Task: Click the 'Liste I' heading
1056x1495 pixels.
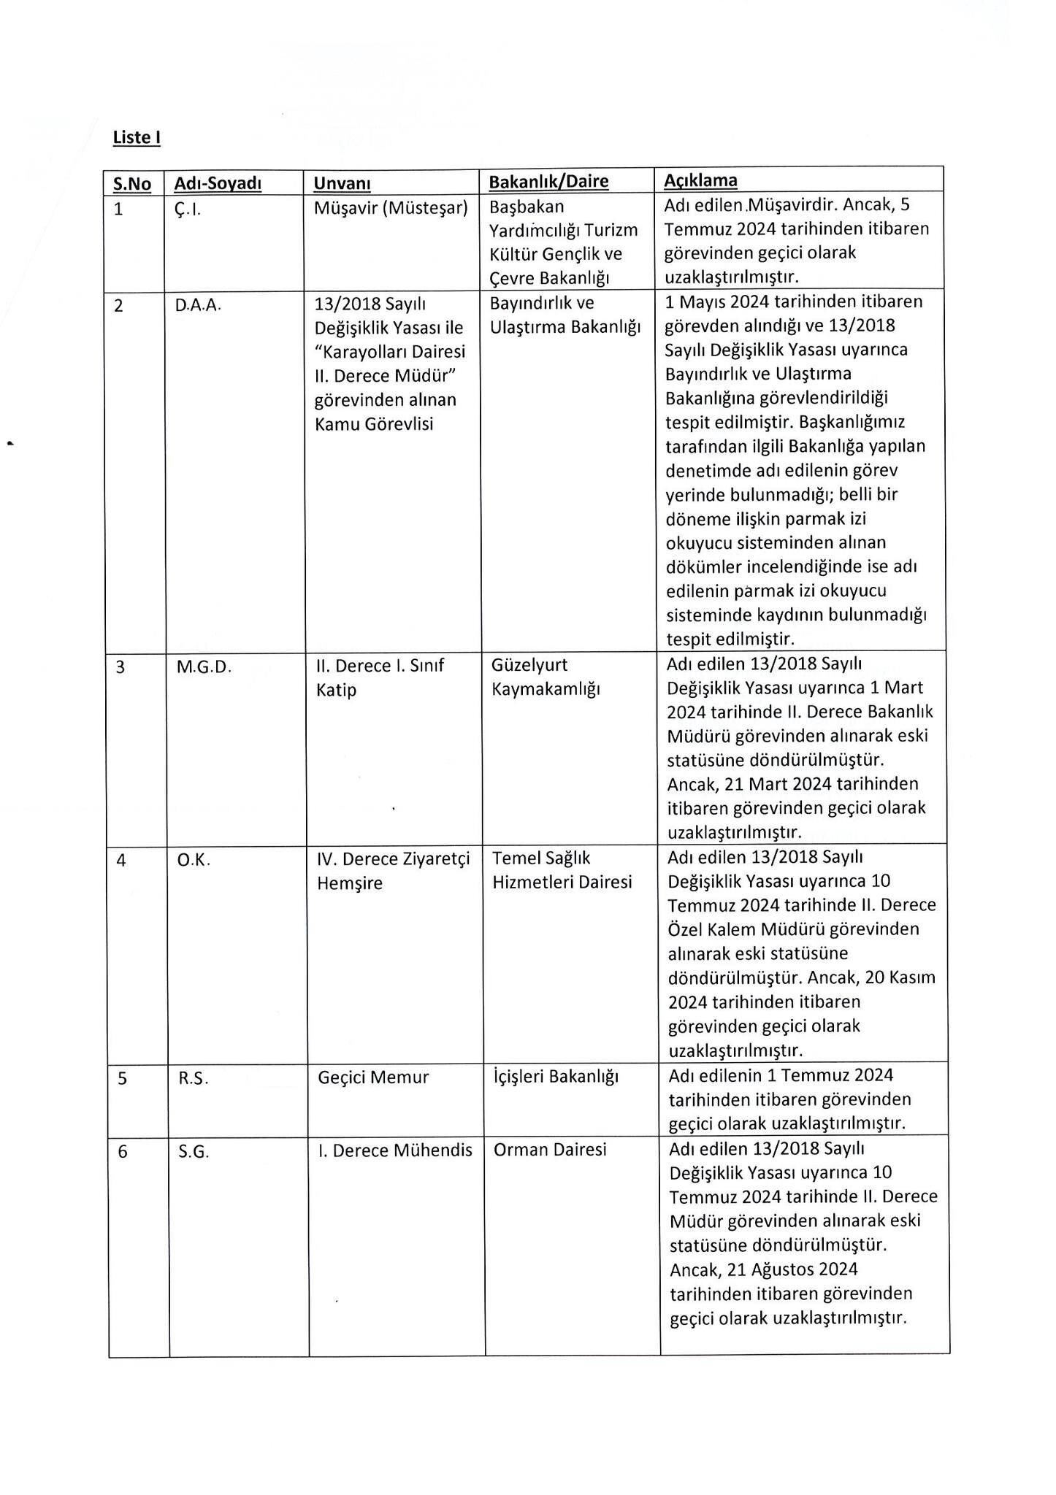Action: click(x=137, y=137)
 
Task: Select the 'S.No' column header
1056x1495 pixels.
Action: click(x=132, y=183)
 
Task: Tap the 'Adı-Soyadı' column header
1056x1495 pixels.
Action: click(x=218, y=183)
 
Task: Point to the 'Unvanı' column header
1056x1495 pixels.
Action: click(x=342, y=183)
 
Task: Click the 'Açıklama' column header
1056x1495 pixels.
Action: click(x=700, y=180)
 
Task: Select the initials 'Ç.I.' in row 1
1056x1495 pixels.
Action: click(x=188, y=210)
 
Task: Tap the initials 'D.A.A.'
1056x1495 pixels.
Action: click(x=197, y=306)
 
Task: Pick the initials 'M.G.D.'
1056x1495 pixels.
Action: click(x=204, y=666)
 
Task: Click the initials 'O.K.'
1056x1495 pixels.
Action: click(x=194, y=861)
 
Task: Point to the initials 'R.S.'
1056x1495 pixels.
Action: click(x=194, y=1078)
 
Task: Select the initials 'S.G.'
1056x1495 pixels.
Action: click(x=194, y=1152)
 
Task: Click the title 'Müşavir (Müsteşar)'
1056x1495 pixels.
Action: click(x=391, y=208)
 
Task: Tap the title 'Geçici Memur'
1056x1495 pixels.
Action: click(x=373, y=1077)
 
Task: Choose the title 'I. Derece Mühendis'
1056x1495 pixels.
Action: click(x=395, y=1150)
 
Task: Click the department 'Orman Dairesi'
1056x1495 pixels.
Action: click(x=550, y=1150)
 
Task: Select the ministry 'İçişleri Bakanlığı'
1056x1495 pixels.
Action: click(x=556, y=1077)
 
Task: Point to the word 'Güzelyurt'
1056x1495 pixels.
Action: click(x=529, y=665)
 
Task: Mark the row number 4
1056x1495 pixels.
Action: click(x=121, y=861)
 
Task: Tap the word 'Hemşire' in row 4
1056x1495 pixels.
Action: click(x=350, y=883)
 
